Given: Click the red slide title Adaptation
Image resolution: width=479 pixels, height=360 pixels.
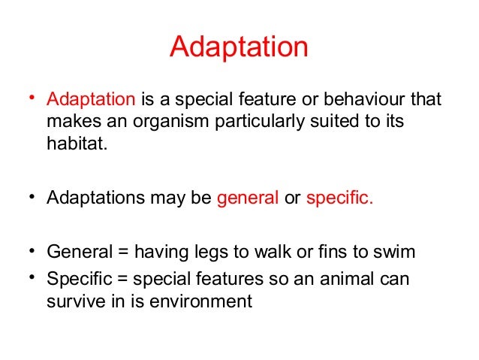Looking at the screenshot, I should [239, 47].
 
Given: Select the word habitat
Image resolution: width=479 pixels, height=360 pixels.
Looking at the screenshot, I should [75, 144].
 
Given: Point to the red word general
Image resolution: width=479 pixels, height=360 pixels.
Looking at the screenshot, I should [247, 199].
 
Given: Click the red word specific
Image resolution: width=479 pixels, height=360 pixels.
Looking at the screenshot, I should [339, 199].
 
